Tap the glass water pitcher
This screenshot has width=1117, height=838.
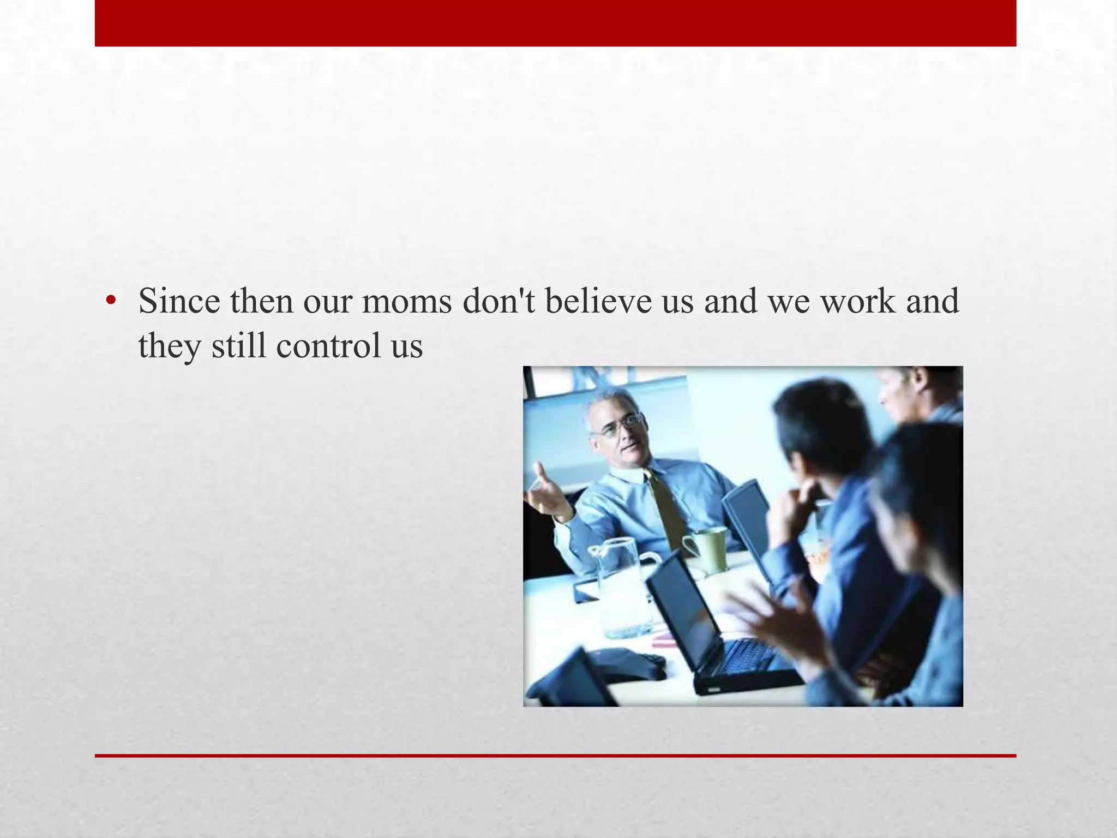tap(623, 586)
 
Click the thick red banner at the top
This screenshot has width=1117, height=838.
tap(555, 23)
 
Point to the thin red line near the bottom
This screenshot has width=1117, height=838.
tap(555, 756)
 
